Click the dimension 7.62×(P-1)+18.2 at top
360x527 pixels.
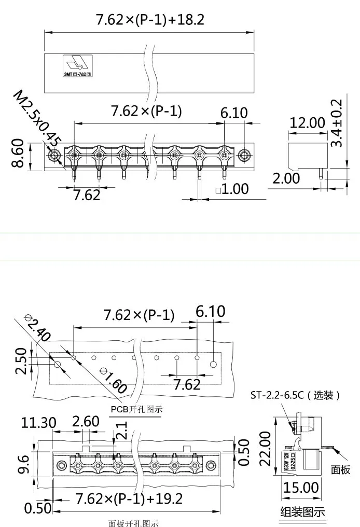(150, 20)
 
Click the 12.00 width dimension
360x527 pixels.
(307, 123)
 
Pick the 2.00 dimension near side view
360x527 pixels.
(286, 178)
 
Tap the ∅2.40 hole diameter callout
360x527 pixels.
(37, 328)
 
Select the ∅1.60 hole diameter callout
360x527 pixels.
(113, 380)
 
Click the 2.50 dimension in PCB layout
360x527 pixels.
(19, 361)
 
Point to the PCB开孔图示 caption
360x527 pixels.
(136, 409)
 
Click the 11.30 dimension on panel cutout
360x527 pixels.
(38, 423)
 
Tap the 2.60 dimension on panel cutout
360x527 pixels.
(86, 421)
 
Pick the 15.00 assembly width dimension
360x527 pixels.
(300, 488)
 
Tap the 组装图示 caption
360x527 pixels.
(302, 512)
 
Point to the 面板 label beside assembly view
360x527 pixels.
(341, 469)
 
